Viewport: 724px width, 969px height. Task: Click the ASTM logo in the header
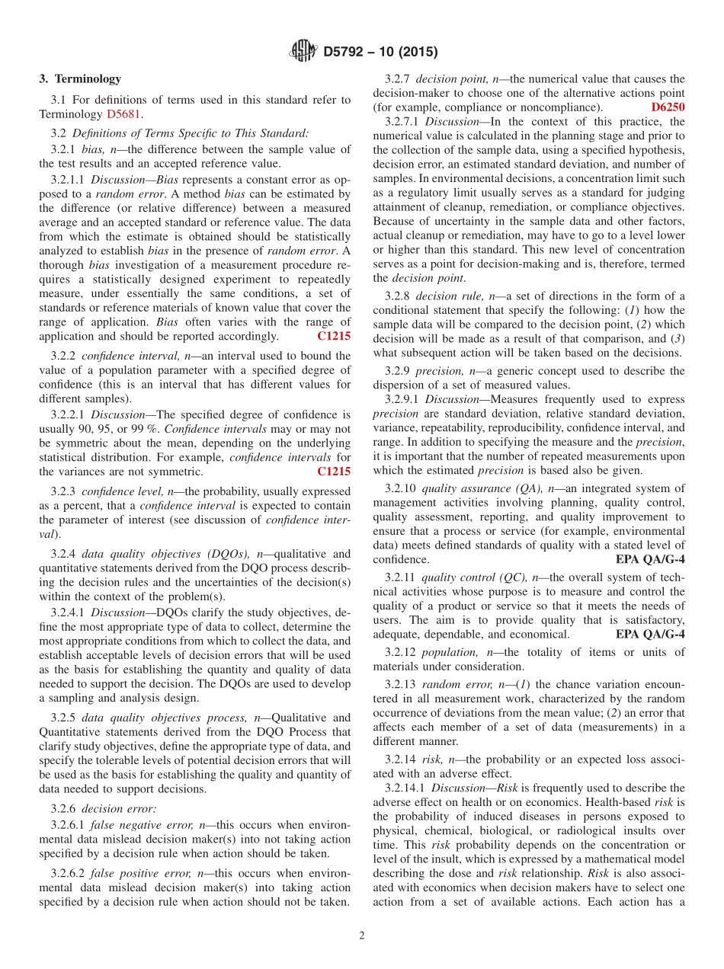point(303,52)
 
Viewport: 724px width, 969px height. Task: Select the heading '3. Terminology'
point(80,78)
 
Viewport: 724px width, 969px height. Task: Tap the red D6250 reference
point(668,107)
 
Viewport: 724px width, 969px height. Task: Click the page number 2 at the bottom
point(362,936)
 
